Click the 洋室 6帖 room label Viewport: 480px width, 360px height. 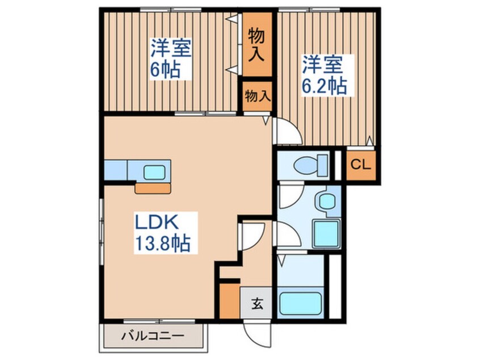click(x=171, y=58)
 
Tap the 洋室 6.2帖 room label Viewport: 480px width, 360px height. click(x=325, y=75)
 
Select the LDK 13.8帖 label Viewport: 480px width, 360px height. click(x=162, y=233)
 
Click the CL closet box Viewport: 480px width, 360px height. click(x=361, y=165)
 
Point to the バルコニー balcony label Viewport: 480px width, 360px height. click(x=153, y=336)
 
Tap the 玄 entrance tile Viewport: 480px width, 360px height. click(x=256, y=303)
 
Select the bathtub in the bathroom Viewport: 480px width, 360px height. click(x=301, y=304)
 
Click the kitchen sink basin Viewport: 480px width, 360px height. click(x=154, y=172)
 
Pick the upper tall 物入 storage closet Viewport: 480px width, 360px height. click(x=257, y=44)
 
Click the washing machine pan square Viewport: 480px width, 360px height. click(x=327, y=234)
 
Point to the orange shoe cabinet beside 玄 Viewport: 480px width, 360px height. click(x=230, y=301)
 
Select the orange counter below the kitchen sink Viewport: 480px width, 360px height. click(x=153, y=189)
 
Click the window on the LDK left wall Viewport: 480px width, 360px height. click(x=101, y=231)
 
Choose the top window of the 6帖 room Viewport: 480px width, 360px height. click(x=171, y=10)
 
